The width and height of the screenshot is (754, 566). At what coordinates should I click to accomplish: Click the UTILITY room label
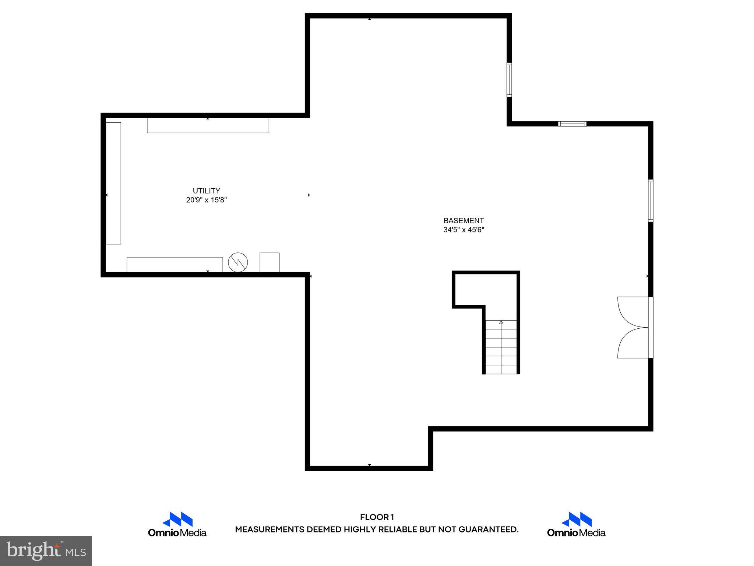[x=206, y=191]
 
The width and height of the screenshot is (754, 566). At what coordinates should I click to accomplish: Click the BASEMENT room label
[x=464, y=221]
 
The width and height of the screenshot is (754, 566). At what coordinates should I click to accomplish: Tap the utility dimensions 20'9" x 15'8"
[x=206, y=200]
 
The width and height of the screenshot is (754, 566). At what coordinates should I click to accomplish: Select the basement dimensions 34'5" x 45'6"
[x=464, y=230]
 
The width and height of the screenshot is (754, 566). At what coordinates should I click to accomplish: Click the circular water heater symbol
[x=238, y=262]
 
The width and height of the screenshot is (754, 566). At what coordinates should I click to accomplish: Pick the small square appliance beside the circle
[x=269, y=262]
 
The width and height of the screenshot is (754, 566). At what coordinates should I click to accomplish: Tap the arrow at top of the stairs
[x=501, y=322]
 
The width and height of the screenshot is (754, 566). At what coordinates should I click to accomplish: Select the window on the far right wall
[x=651, y=200]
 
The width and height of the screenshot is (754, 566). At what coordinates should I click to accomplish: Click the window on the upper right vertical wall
[x=509, y=79]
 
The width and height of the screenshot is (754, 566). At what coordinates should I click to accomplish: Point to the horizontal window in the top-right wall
[x=572, y=124]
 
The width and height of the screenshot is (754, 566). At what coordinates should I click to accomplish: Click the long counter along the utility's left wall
[x=113, y=183]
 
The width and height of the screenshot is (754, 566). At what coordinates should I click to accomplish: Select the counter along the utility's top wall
[x=208, y=125]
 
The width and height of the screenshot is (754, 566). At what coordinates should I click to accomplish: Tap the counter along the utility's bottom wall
[x=175, y=265]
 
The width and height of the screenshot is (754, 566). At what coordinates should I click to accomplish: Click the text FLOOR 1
[x=377, y=517]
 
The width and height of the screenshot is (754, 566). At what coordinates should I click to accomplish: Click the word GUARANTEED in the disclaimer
[x=488, y=530]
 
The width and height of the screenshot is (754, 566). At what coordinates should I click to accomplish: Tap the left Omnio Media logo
[x=177, y=524]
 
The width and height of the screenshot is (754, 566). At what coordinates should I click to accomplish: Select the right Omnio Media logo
[x=576, y=524]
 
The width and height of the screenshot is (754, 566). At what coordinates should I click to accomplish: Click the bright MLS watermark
[x=46, y=551]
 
